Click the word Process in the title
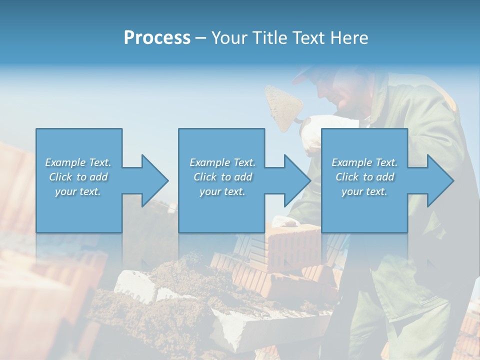[157, 37]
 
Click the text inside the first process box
[78, 177]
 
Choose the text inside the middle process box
[222, 177]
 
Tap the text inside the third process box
[364, 177]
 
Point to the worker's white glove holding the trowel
[312, 131]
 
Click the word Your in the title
[228, 37]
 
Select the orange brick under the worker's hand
[290, 245]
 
